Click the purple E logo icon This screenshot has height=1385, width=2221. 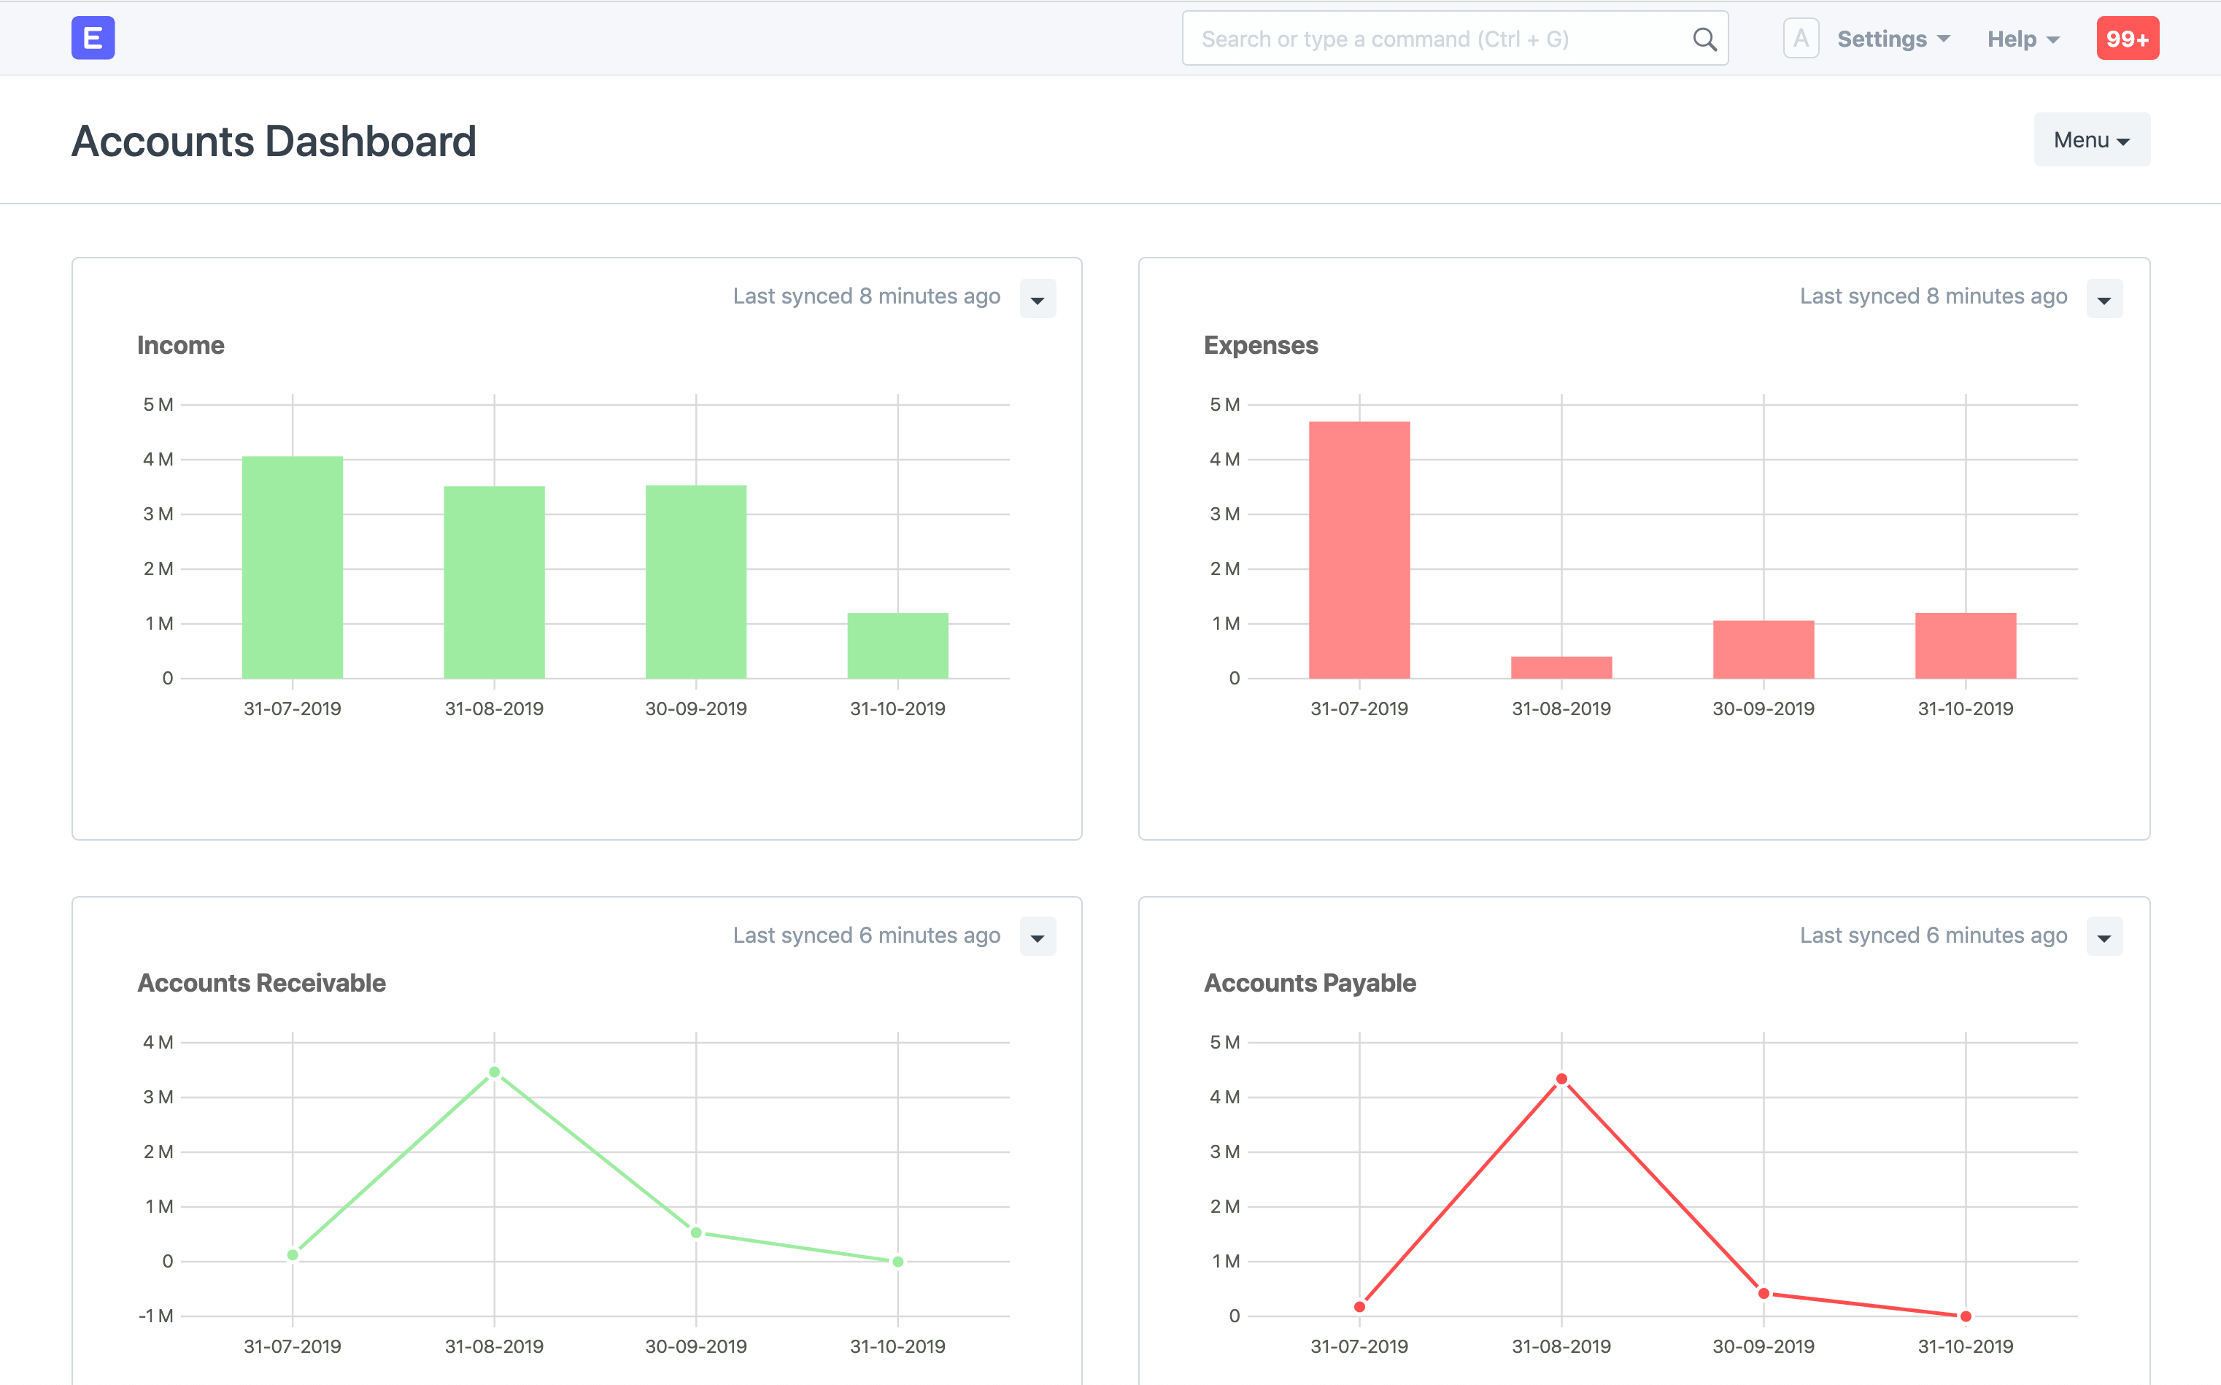click(x=93, y=39)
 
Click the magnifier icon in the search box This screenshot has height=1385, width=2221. click(x=1704, y=39)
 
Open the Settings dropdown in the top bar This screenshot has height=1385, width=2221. click(x=1892, y=39)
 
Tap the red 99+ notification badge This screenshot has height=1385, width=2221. click(x=2127, y=39)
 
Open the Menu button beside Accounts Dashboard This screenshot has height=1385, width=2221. click(x=2091, y=140)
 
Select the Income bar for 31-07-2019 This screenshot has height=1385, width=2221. click(x=292, y=568)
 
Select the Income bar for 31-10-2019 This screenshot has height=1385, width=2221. click(x=897, y=646)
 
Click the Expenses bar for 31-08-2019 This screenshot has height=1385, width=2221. click(x=1561, y=668)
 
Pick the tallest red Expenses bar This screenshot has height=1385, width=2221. click(x=1359, y=549)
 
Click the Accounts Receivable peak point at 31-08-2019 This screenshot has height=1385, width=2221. click(x=495, y=1072)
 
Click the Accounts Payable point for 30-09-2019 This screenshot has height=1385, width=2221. click(x=1763, y=1293)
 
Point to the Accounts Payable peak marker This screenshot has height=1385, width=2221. click(x=1561, y=1079)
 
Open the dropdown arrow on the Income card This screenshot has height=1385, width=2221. click(x=1037, y=299)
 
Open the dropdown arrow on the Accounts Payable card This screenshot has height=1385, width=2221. click(x=2104, y=937)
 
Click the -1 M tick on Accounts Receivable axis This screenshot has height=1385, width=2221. click(x=155, y=1316)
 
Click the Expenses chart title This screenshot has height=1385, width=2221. click(x=1260, y=345)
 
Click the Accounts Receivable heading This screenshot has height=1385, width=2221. click(x=261, y=983)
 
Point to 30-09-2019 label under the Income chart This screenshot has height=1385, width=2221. click(x=695, y=708)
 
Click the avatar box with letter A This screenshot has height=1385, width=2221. click(x=1800, y=39)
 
